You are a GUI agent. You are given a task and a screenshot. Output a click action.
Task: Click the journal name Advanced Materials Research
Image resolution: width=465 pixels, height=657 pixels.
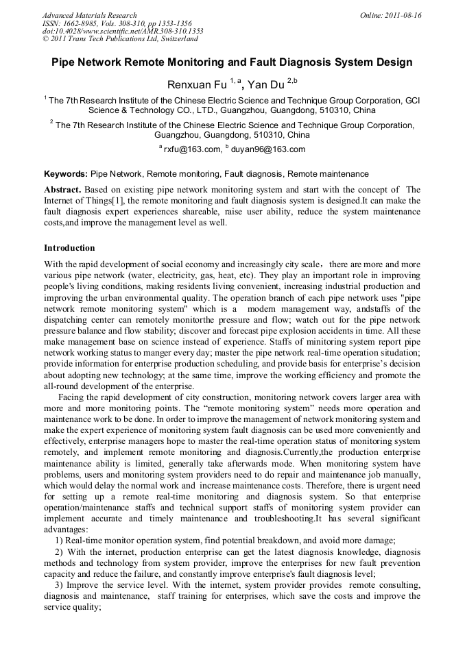pos(89,15)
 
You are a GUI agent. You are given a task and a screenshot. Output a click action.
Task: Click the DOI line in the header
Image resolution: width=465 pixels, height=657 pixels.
pos(123,32)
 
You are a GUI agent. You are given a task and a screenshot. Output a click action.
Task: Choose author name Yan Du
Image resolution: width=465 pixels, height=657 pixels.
pos(265,84)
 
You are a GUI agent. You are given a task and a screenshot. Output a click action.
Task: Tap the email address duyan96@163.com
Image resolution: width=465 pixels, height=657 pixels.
pos(268,149)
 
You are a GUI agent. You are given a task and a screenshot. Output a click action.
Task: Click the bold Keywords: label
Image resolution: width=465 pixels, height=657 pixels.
pos(66,174)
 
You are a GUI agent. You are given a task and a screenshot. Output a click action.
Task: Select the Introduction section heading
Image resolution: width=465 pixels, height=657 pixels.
pos(69,247)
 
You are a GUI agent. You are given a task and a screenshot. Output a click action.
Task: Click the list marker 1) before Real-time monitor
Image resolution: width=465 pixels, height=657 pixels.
pos(59,539)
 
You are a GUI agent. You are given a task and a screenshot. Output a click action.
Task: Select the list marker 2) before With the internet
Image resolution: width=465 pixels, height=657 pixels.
pos(59,551)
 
